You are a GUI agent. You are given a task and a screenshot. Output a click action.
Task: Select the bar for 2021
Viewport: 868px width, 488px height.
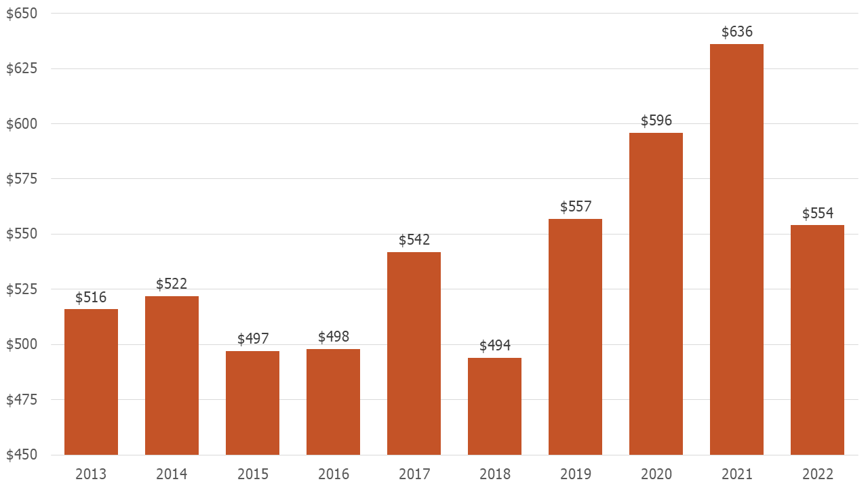coord(736,249)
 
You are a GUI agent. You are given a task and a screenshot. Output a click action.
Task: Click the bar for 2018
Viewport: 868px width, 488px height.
coord(494,406)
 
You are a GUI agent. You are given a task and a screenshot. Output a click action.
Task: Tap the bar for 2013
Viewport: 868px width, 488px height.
coord(91,382)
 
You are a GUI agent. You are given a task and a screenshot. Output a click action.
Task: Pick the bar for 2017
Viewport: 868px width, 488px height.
coord(414,353)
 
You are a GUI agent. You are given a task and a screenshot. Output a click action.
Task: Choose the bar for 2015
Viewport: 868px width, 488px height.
coord(252,403)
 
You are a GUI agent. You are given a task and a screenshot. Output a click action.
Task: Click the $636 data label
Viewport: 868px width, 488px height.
coord(736,32)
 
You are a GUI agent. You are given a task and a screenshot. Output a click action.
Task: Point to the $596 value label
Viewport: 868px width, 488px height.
coord(656,121)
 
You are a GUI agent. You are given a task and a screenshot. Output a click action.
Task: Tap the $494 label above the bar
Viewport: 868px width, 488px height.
coord(494,346)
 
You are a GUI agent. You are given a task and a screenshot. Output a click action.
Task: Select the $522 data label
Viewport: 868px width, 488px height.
coord(172,284)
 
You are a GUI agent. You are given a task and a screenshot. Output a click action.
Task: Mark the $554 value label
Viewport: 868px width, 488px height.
coord(817,213)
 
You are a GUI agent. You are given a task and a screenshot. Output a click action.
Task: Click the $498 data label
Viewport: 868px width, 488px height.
coord(333,337)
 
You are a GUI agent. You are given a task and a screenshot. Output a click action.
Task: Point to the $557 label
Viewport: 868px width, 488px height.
coord(575,207)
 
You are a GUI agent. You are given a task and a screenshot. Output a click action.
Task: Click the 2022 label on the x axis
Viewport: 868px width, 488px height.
coord(817,474)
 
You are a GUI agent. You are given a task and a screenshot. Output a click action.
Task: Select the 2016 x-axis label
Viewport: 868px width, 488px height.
coord(333,474)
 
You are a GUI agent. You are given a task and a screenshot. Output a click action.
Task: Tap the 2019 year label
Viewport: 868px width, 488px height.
coord(575,474)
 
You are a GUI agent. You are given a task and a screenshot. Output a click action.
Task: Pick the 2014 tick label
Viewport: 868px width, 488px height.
coord(172,474)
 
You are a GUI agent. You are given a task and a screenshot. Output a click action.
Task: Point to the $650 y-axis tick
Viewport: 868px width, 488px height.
coord(22,14)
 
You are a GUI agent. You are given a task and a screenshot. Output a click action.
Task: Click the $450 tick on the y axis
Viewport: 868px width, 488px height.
coord(22,455)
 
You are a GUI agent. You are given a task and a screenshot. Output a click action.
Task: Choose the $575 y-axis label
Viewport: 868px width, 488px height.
coord(22,179)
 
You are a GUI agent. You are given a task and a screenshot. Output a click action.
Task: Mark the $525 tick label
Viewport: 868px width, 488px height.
coord(22,289)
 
